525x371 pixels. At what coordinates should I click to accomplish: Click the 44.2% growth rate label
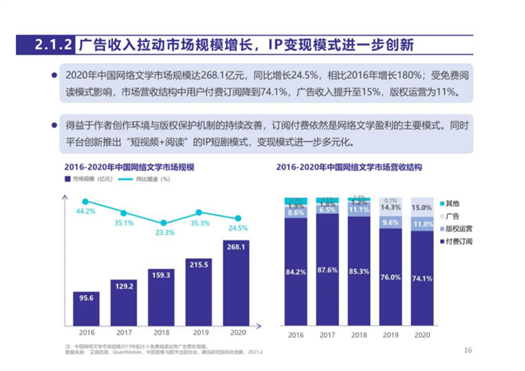click(85, 212)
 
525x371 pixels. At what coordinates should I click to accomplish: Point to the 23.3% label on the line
click(163, 233)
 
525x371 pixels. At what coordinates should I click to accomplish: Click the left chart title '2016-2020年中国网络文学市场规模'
click(129, 165)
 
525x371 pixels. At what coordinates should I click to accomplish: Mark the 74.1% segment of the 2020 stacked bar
click(422, 279)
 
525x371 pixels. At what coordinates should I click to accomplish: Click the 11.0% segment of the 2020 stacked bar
click(422, 224)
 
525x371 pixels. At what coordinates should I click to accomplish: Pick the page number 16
click(468, 350)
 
